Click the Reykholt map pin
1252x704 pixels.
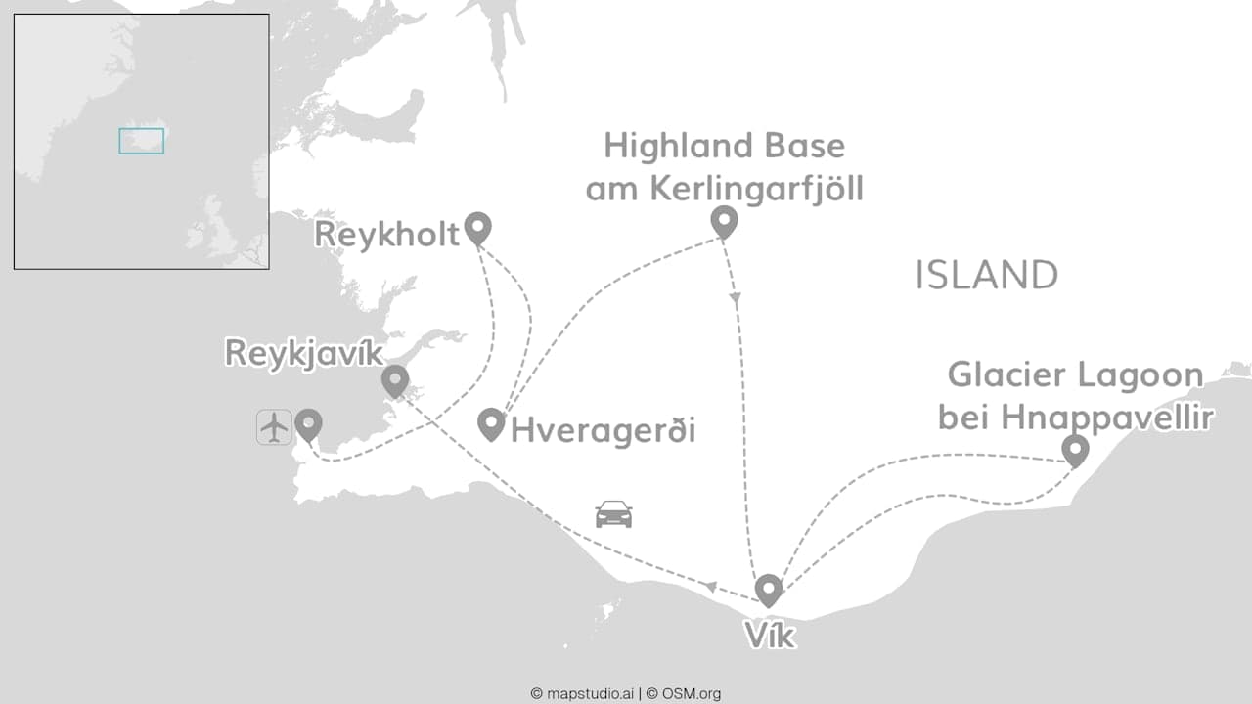point(477,227)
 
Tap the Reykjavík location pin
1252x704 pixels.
point(394,379)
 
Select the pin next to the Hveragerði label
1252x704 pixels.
point(491,423)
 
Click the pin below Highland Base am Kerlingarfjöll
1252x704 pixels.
point(723,222)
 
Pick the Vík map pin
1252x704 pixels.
point(769,589)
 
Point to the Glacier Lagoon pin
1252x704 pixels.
point(1075,450)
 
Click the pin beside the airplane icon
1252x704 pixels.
point(309,423)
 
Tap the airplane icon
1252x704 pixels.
point(275,427)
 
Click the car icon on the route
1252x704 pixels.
point(613,514)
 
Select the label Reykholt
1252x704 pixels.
point(387,236)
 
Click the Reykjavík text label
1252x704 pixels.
point(303,353)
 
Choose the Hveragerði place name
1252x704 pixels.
point(603,430)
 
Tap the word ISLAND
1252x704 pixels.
point(986,276)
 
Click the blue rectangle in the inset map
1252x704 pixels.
point(142,141)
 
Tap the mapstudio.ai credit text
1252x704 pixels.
point(584,693)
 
